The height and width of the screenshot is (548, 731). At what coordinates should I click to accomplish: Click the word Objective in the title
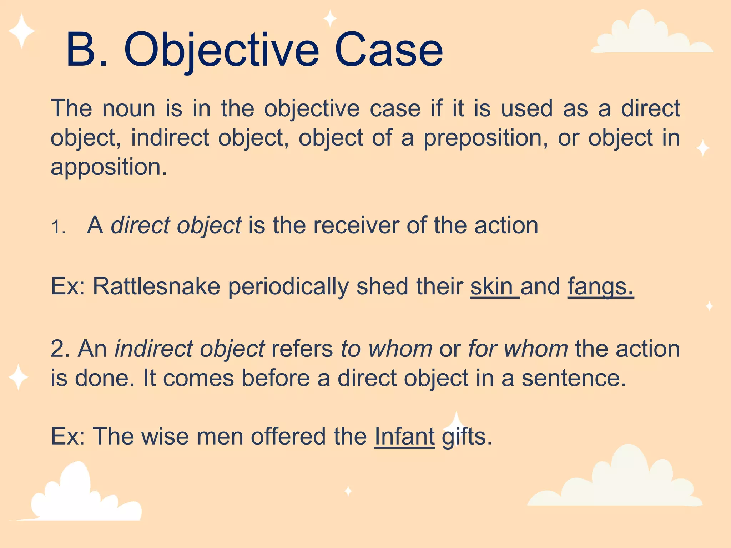pos(221,50)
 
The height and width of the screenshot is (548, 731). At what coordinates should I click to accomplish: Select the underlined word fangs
pos(600,286)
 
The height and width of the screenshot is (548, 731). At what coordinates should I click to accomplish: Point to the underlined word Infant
pos(404,436)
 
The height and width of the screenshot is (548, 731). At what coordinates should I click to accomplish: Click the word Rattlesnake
pos(157,286)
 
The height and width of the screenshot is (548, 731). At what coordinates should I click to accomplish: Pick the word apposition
pos(109,167)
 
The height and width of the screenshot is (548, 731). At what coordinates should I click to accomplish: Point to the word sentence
pos(574,378)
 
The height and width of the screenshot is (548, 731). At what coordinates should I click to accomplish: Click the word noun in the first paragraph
pos(129,108)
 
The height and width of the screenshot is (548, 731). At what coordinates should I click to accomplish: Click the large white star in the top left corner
pos(22,31)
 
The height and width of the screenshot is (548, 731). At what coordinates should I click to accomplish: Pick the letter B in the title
pos(82,50)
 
